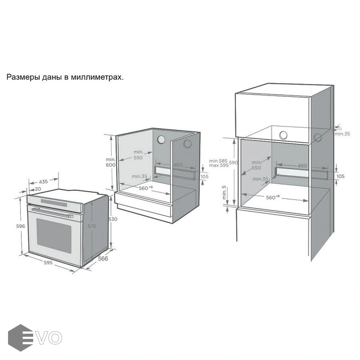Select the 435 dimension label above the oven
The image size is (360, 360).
click(x=43, y=182)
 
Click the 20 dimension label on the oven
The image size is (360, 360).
click(x=38, y=189)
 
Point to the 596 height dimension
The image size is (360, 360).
click(x=20, y=226)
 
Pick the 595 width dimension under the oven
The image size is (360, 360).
click(x=48, y=262)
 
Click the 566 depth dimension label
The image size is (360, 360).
click(x=103, y=259)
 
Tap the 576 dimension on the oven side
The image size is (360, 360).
click(x=92, y=226)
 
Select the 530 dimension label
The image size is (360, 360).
click(x=113, y=219)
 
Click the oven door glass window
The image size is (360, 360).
click(x=54, y=236)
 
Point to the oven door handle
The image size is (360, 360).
click(x=52, y=212)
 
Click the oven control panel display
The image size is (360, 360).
click(x=54, y=202)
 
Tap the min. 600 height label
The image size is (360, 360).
click(x=111, y=162)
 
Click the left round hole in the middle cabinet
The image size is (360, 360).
click(x=161, y=139)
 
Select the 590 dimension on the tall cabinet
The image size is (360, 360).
click(x=233, y=162)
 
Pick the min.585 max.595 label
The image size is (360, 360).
click(x=218, y=163)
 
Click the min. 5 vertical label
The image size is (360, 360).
click(x=224, y=192)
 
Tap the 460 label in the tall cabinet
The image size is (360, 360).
click(x=302, y=166)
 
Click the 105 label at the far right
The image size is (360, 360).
click(x=340, y=176)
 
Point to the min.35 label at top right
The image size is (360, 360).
click(x=342, y=134)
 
